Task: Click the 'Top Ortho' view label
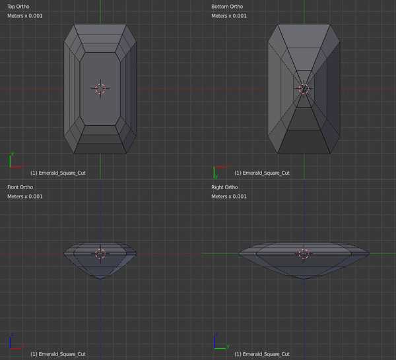(x=18, y=7)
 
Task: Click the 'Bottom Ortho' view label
(x=227, y=7)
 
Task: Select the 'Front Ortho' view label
(x=20, y=187)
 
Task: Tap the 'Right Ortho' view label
(x=224, y=187)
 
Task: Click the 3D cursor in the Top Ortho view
(x=100, y=88)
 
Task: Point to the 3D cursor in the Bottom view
(x=304, y=88)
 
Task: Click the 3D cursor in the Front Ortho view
(x=100, y=254)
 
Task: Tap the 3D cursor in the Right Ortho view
(x=304, y=254)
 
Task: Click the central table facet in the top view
(x=100, y=89)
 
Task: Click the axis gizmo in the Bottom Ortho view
(x=221, y=171)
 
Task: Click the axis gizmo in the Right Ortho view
(x=221, y=342)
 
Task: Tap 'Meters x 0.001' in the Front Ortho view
(x=25, y=196)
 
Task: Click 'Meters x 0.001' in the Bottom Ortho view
(x=229, y=16)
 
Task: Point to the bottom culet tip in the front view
(x=100, y=279)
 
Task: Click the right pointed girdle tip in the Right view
(x=369, y=253)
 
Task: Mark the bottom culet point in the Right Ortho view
(x=304, y=279)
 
